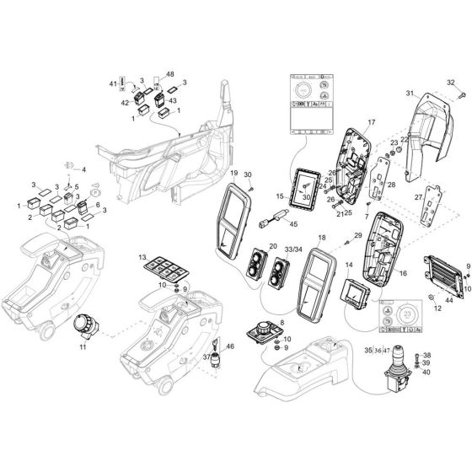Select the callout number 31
coord(410,93)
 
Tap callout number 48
coord(169,73)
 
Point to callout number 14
coord(346,265)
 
